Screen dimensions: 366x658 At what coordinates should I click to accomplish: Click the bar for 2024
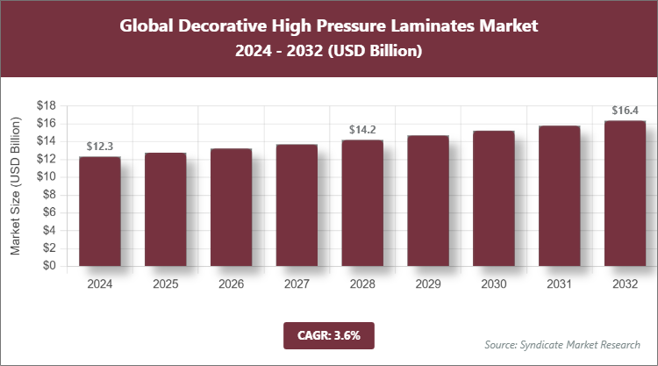tap(99, 211)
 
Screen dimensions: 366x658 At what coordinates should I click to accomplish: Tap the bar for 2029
tap(428, 200)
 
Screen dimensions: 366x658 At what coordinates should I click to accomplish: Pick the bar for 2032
tap(625, 193)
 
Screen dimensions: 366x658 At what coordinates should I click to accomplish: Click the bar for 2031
tap(559, 196)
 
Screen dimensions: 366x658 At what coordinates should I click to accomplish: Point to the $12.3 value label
tap(100, 146)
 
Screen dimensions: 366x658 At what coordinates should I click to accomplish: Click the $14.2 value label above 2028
tap(362, 129)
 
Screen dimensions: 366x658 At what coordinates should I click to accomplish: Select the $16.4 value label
tap(625, 111)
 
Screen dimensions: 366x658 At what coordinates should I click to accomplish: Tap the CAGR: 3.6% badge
tap(329, 335)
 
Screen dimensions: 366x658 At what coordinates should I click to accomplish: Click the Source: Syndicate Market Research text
tap(562, 344)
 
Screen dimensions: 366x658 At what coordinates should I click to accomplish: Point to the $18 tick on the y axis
tap(46, 105)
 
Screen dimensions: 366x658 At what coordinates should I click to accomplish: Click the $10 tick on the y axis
tap(46, 176)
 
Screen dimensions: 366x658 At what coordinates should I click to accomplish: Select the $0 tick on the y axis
tap(49, 266)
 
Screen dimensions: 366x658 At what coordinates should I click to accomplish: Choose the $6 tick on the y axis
tap(49, 212)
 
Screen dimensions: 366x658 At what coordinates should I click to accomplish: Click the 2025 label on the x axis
tap(165, 285)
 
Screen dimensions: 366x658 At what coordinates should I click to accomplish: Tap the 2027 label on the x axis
tap(297, 285)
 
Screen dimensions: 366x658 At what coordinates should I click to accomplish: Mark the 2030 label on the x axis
tap(493, 285)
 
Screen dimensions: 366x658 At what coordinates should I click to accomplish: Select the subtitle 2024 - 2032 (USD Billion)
tap(329, 52)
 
